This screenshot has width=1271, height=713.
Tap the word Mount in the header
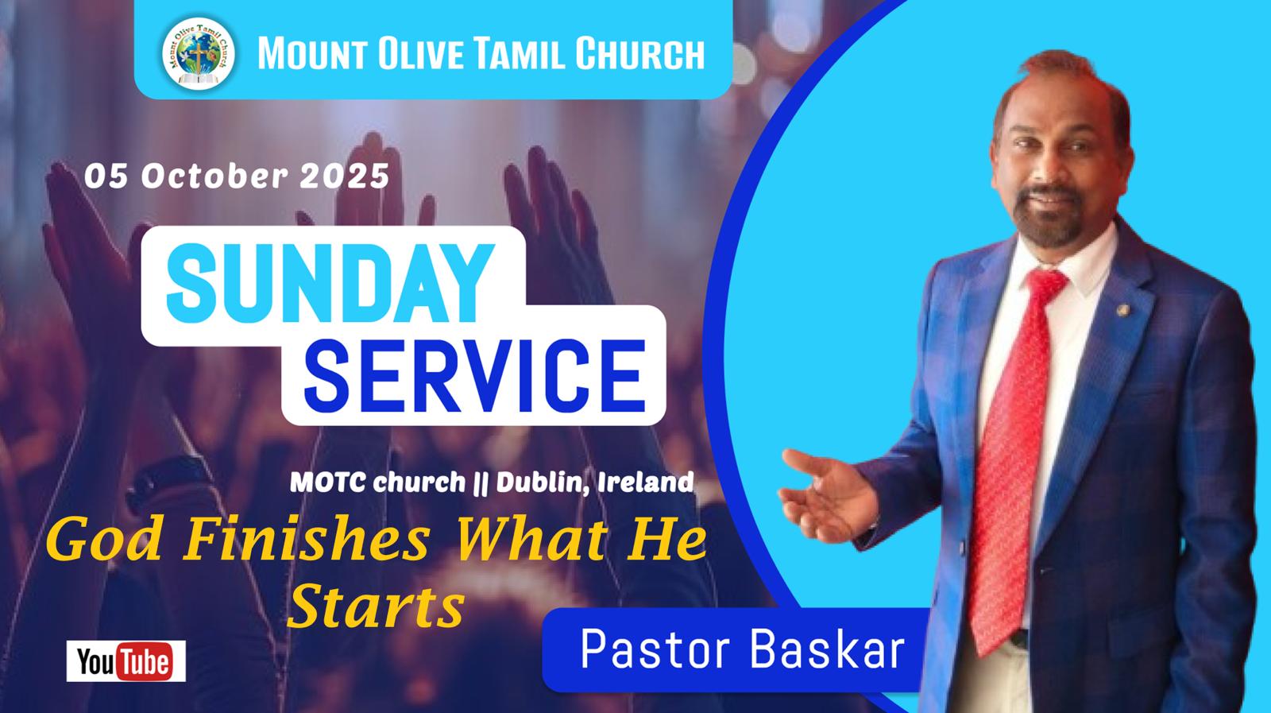tap(311, 53)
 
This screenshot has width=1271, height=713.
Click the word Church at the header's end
tap(639, 53)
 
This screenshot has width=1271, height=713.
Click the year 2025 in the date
tap(345, 176)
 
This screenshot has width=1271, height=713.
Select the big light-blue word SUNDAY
tap(330, 283)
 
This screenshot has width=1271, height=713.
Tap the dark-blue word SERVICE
tap(475, 376)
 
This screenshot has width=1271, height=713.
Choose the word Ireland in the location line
tap(646, 482)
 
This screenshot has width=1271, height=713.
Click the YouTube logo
tap(126, 661)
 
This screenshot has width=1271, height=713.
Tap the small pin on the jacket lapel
tap(1122, 310)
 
